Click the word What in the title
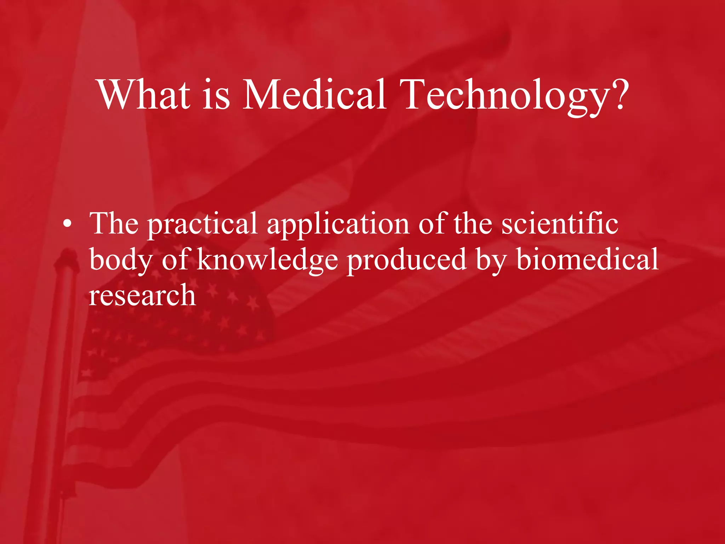point(144,95)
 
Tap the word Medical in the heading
point(314,95)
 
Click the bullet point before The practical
point(67,225)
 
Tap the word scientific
point(560,224)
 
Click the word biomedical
point(587,259)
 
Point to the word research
point(142,296)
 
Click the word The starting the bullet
point(114,224)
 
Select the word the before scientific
point(473,224)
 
